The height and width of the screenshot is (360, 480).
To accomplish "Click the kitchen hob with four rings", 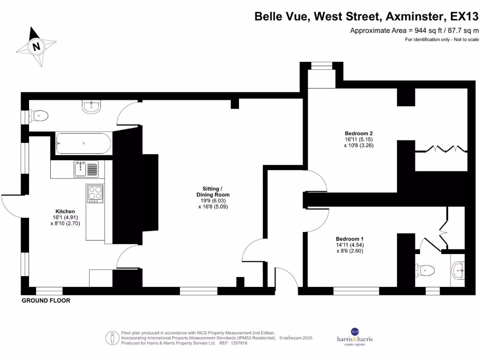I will tap(95, 193).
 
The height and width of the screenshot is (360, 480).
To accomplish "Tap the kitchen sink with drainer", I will tap(86, 169).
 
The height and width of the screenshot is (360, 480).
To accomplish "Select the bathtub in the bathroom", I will tap(83, 143).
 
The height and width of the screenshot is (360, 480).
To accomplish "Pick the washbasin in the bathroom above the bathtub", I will tap(91, 107).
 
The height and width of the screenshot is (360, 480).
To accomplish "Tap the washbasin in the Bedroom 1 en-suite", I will tap(458, 269).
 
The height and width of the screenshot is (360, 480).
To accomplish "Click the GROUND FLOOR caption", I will tap(46, 300).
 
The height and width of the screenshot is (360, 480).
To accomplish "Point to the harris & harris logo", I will tap(355, 337).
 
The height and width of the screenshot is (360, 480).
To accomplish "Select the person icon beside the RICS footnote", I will tap(112, 337).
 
